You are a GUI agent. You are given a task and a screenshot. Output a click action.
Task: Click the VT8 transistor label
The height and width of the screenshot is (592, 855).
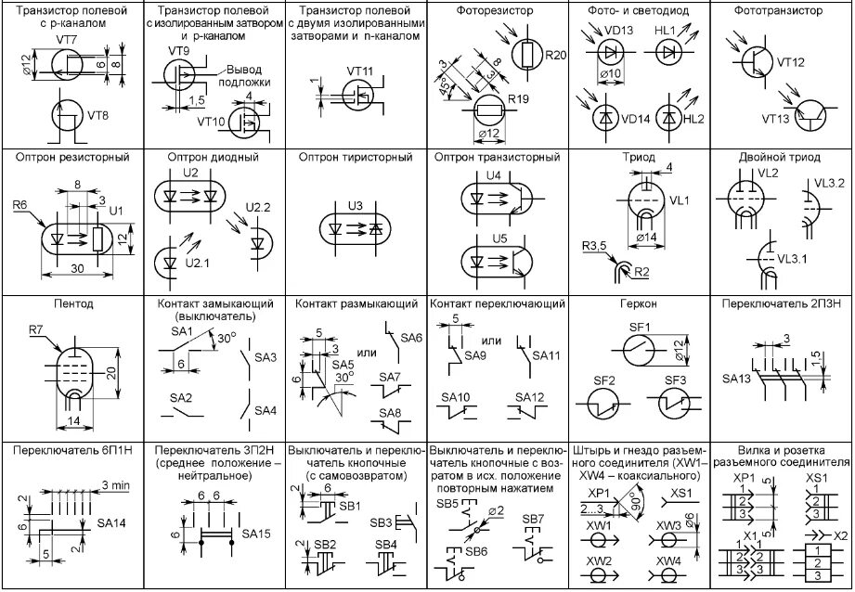tap(98, 116)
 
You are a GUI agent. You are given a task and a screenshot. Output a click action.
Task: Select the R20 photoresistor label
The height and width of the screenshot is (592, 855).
tap(555, 56)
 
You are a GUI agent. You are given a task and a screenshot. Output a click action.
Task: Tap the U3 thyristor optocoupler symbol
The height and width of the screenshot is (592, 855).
tap(354, 228)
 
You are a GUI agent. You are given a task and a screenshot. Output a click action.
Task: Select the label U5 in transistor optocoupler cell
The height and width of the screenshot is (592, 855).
tap(499, 238)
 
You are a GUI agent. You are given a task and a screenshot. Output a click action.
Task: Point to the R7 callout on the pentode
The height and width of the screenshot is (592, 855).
tap(36, 328)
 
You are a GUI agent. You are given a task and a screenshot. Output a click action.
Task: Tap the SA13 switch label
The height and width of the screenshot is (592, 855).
tap(735, 380)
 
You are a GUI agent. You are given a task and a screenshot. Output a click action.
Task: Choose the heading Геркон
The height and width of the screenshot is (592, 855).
tap(640, 304)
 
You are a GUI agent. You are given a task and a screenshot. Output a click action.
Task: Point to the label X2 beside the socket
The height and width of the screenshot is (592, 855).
tap(841, 536)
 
